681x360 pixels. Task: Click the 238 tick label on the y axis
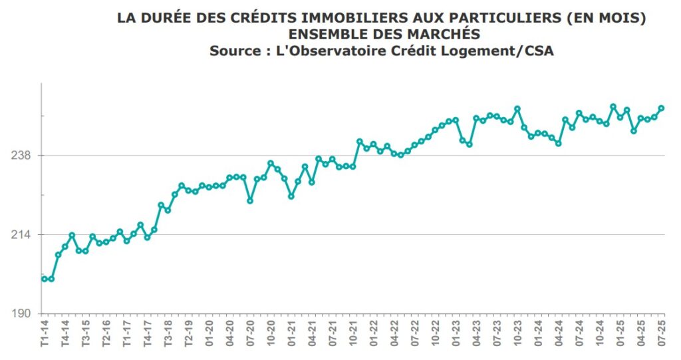pos(24,156)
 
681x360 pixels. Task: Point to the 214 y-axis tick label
pos(24,235)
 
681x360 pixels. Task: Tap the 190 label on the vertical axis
pos(24,314)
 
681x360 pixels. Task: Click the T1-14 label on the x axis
pos(45,333)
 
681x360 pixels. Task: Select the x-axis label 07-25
pos(662,333)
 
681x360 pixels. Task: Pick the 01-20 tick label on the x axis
pos(209,333)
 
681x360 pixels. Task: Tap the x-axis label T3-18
pos(168,333)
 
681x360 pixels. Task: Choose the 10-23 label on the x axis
pos(517,333)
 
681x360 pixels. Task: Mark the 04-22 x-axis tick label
pos(394,333)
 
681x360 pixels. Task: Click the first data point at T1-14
pos(45,279)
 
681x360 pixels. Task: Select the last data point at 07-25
pos(662,108)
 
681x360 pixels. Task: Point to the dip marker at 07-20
pos(250,200)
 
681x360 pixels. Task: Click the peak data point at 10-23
pos(517,108)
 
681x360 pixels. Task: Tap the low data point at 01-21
pos(291,196)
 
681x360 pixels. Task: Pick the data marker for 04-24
pos(559,143)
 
